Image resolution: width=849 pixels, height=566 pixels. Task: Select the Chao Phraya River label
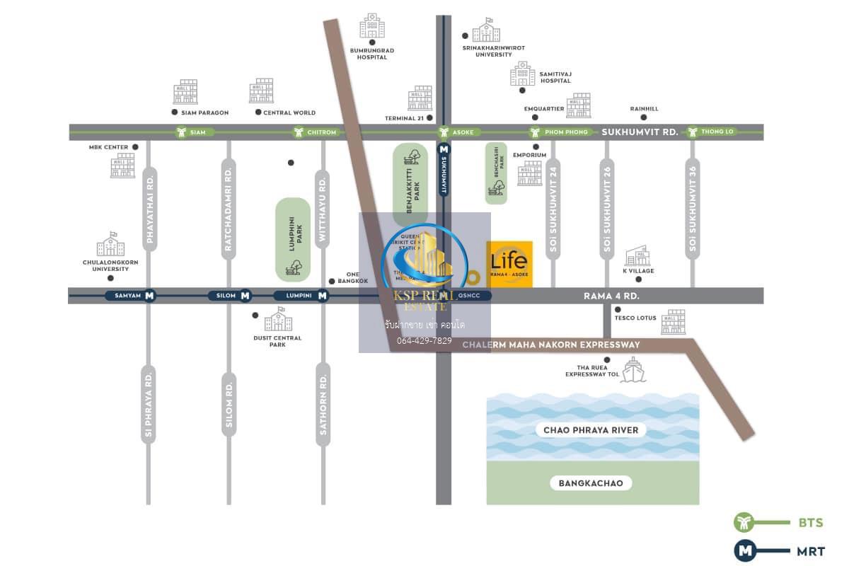[x=591, y=430]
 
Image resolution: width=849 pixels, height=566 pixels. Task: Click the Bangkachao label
[x=591, y=483]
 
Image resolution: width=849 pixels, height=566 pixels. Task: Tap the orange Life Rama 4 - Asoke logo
[x=509, y=264]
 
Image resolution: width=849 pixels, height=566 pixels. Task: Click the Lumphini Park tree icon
[x=293, y=267]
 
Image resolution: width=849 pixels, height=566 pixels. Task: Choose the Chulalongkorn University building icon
[x=110, y=245]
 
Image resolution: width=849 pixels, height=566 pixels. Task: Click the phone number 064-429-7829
[x=424, y=340]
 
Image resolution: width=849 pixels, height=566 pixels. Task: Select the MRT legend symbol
[x=744, y=550]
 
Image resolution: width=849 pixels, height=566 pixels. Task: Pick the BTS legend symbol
[x=744, y=523]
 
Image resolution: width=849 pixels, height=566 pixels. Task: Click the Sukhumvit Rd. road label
[x=640, y=132]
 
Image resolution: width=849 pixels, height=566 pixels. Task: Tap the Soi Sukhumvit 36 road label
[x=692, y=205]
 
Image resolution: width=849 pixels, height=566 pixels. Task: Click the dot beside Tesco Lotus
[x=618, y=310]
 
